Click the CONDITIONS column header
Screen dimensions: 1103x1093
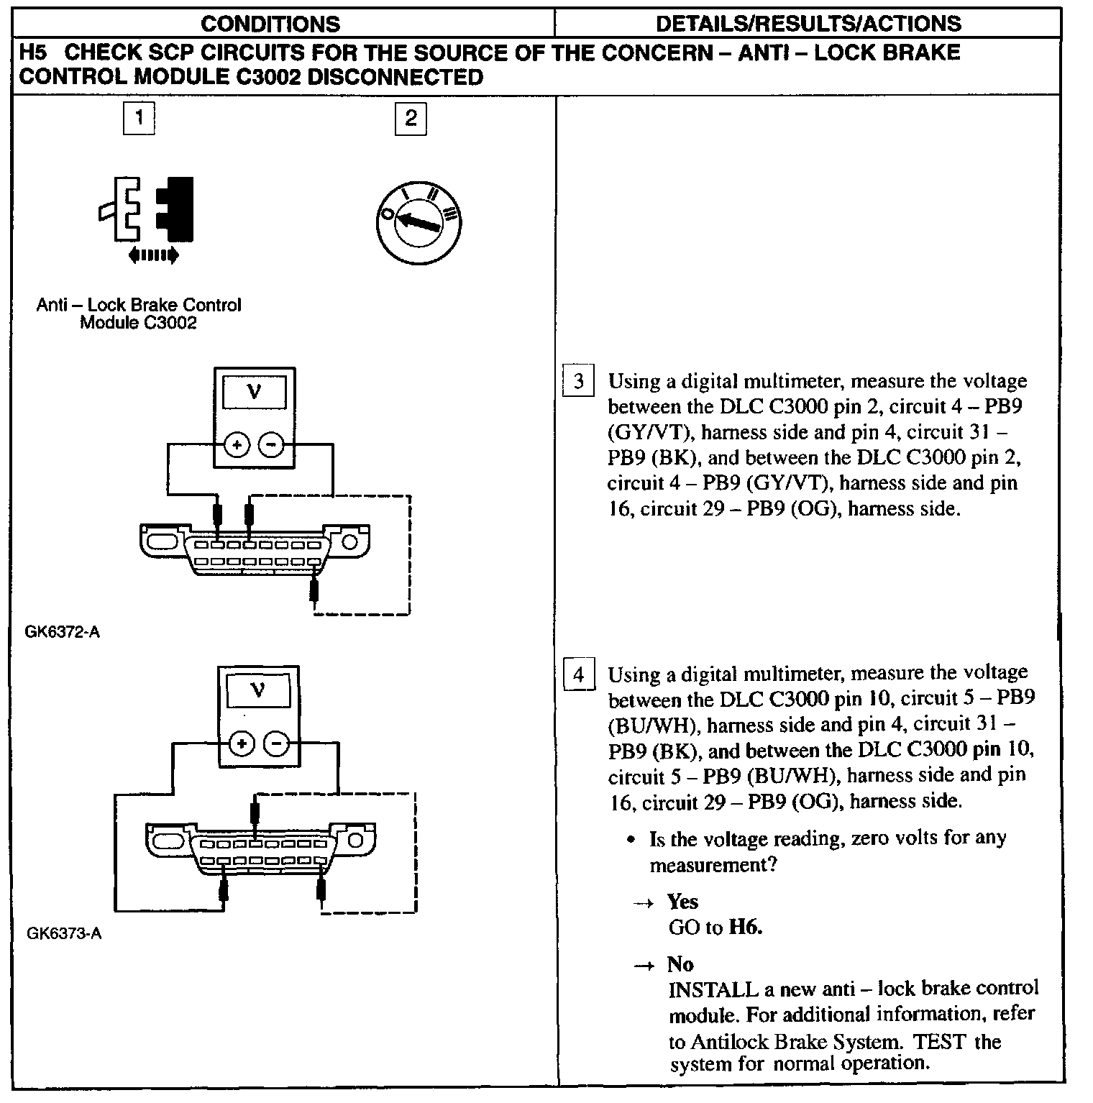point(270,24)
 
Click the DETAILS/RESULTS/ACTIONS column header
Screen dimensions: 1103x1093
point(808,24)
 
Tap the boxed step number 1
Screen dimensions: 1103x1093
point(139,117)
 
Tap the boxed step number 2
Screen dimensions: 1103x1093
point(411,119)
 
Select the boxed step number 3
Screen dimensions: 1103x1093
point(579,381)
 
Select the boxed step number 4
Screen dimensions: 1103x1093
point(579,675)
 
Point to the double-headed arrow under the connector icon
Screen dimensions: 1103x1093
point(152,255)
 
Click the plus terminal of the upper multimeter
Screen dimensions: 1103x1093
point(237,446)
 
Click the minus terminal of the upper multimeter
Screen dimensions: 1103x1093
point(270,446)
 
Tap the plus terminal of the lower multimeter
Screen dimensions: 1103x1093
point(242,743)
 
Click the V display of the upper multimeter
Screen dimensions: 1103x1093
point(254,393)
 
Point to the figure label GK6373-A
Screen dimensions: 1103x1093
point(64,934)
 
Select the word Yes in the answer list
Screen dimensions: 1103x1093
point(682,902)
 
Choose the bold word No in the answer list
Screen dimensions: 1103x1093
point(680,964)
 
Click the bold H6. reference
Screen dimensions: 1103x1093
point(746,927)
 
